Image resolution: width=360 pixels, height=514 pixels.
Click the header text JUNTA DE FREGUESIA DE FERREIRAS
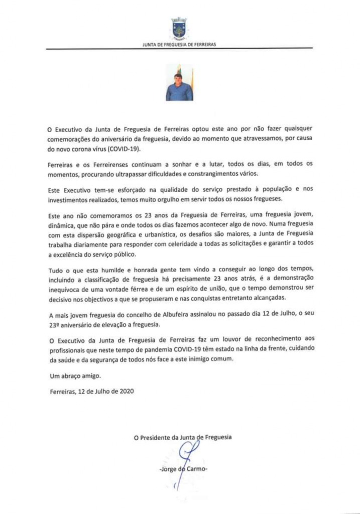[x=179, y=45]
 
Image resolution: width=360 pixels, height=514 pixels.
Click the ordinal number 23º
[x=55, y=325]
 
